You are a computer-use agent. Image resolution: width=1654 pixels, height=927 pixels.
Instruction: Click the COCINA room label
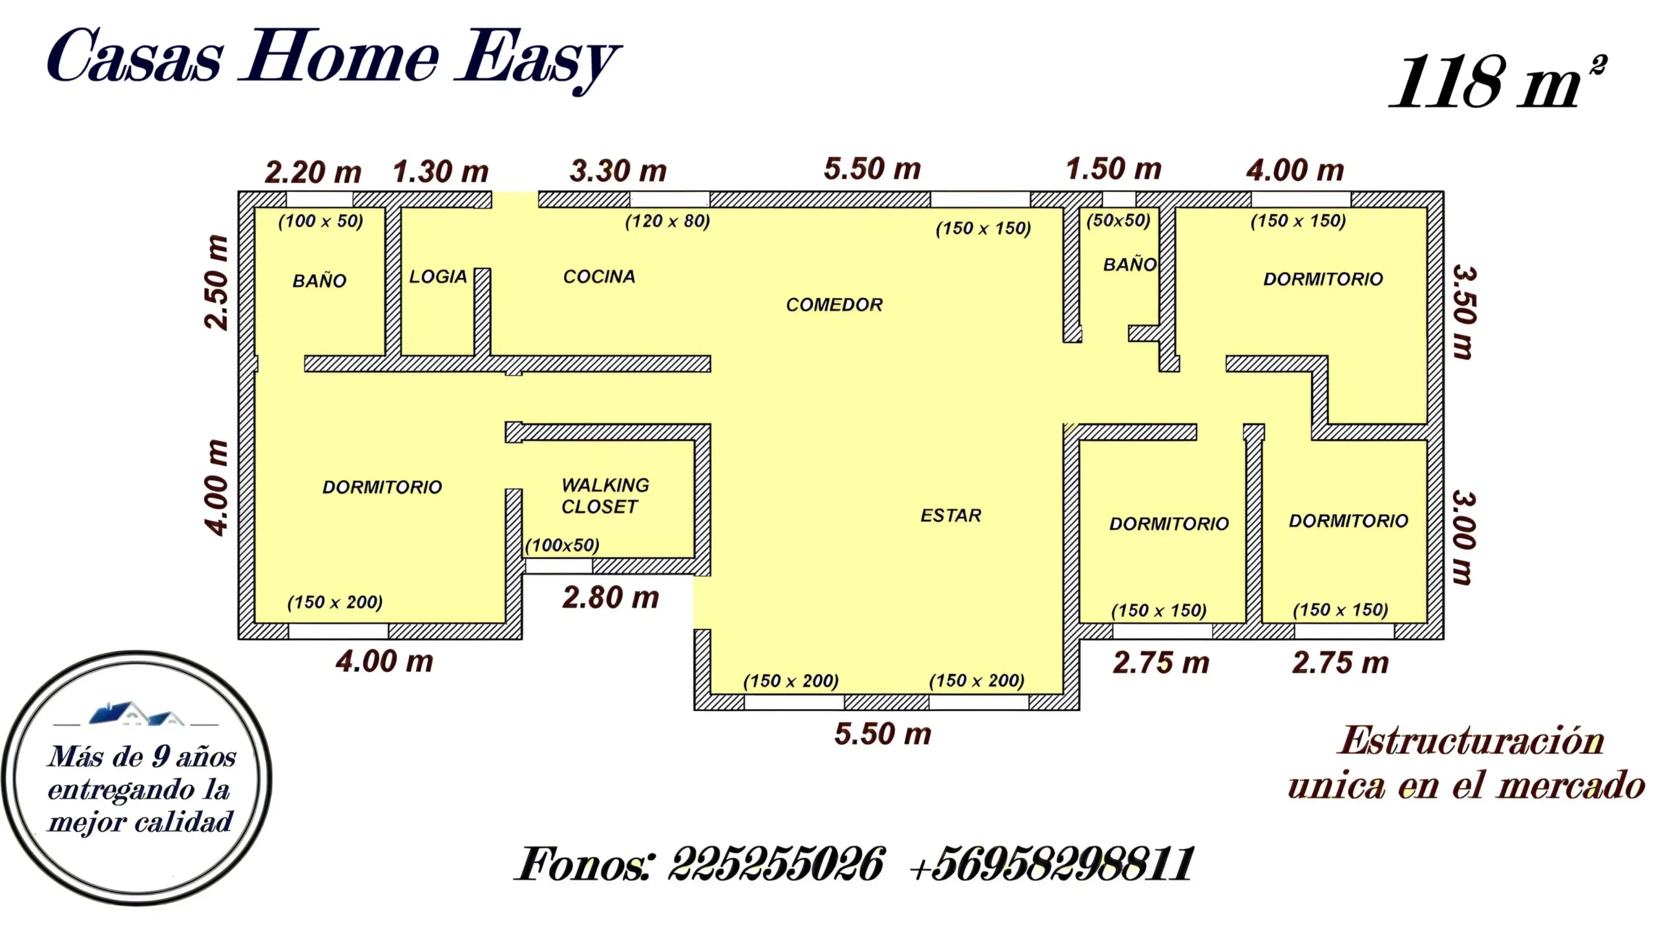coord(599,277)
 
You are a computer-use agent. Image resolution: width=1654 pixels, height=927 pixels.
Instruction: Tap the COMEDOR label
coord(834,304)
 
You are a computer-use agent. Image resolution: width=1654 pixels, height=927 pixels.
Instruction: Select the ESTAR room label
coord(950,515)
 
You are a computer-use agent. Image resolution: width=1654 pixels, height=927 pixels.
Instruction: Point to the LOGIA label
coord(437,277)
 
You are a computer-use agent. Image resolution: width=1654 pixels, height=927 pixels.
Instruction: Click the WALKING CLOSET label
coord(605,496)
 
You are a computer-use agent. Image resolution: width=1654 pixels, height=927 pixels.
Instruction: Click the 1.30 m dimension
coord(441,172)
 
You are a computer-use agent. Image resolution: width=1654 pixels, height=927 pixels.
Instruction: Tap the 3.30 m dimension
coord(618,171)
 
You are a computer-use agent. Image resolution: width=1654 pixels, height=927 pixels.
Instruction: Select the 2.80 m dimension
coord(611,597)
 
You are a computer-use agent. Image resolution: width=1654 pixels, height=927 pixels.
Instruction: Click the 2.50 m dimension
coord(216,282)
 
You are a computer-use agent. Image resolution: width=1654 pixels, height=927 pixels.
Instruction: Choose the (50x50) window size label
coord(1118,220)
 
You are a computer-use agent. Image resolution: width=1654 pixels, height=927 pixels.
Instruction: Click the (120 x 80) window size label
coord(667,221)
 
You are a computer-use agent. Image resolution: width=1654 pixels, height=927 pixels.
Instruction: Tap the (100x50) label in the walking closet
coord(562,546)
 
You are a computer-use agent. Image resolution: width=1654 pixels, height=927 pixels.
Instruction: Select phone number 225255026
coord(775,864)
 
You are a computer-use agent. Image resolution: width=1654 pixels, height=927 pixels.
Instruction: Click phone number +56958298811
coord(1052,864)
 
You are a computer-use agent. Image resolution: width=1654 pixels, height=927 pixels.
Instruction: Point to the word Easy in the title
coord(538,59)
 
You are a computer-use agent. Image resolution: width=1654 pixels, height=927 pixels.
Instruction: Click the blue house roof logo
coord(136,714)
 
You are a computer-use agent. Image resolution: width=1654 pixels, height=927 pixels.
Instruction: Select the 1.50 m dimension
coord(1113,169)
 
